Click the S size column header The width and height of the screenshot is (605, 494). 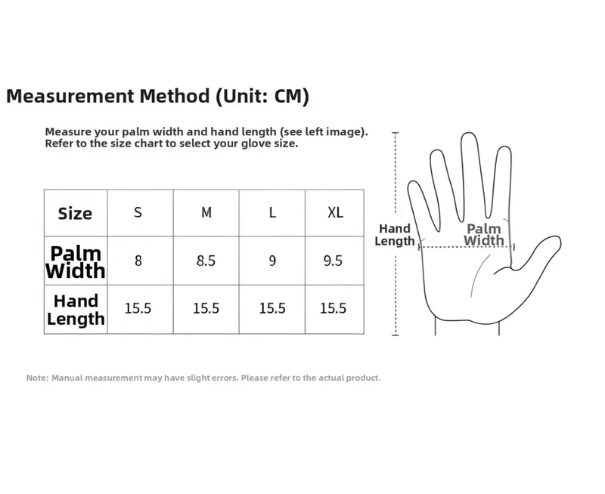138,212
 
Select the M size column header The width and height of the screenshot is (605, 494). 206,212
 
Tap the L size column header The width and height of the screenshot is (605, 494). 272,212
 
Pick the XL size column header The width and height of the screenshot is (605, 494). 335,212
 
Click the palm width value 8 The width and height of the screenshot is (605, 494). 138,261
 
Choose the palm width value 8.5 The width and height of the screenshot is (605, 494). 206,261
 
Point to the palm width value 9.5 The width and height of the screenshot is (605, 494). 333,261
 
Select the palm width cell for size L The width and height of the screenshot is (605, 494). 272,261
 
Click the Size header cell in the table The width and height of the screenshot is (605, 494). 75,214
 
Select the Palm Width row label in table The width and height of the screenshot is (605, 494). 75,262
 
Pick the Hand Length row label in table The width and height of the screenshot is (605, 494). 76,310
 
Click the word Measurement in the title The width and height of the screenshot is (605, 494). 70,96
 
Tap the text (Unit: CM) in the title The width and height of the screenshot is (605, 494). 262,96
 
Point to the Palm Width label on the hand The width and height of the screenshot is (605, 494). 484,234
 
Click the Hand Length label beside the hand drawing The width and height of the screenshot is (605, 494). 394,235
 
